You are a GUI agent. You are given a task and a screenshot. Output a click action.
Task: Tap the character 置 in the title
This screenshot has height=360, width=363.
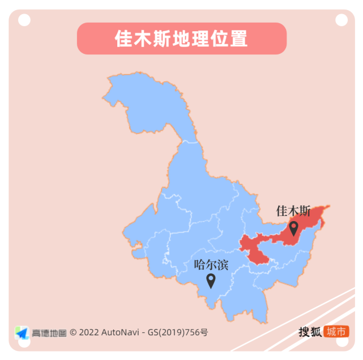tap(239, 39)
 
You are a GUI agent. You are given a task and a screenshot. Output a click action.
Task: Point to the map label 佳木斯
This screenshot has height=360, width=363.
tap(293, 211)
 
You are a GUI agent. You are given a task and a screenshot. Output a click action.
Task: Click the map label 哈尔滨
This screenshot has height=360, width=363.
tap(211, 264)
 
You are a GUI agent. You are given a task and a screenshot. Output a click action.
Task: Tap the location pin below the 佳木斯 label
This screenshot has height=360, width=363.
tap(293, 228)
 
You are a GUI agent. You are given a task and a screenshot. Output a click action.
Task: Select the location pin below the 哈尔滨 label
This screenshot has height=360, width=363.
tap(211, 280)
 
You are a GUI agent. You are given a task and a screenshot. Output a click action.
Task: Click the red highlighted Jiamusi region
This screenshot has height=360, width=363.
tap(266, 244)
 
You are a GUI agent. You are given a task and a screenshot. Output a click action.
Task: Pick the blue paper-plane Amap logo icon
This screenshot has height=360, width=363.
tap(22, 332)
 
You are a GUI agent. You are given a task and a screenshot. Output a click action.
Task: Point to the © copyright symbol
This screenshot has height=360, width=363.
tap(73, 332)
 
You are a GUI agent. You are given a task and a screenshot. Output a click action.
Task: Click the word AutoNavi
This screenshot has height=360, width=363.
tap(121, 332)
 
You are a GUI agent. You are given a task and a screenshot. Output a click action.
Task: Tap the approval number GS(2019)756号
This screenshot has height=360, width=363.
tap(177, 332)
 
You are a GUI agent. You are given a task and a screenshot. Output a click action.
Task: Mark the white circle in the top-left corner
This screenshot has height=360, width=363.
tap(24, 20)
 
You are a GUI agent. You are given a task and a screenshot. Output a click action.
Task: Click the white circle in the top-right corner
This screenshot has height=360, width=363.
tap(341, 20)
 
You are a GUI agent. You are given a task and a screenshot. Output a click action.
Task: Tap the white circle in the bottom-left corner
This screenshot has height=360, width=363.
tap(23, 344)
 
